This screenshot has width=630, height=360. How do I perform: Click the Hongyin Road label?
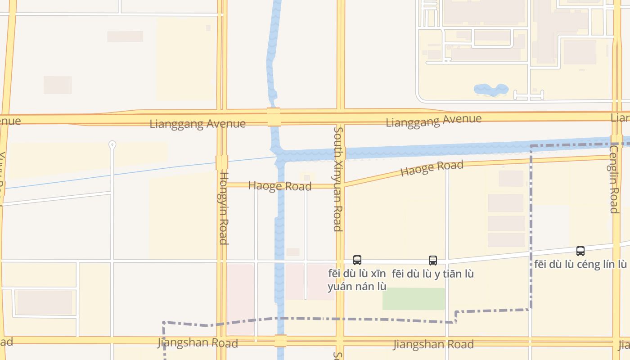click(223, 208)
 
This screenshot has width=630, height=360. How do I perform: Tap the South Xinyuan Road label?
click(338, 179)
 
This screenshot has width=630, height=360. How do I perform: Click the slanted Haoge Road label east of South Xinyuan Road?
click(432, 168)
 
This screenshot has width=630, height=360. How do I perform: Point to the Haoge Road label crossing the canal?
click(279, 186)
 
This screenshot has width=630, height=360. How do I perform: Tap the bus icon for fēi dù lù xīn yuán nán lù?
click(357, 260)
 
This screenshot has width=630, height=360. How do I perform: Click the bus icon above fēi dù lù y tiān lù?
click(433, 260)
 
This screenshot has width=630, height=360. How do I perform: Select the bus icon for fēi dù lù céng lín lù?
click(580, 251)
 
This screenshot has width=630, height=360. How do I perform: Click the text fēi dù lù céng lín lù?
click(580, 264)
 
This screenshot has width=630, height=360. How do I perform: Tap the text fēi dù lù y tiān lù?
click(432, 274)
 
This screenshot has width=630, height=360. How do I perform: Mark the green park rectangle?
click(414, 299)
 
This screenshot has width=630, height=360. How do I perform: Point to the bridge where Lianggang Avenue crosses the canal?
click(274, 117)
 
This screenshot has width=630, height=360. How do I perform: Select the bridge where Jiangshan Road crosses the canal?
click(280, 341)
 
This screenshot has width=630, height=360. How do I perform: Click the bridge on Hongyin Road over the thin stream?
click(222, 162)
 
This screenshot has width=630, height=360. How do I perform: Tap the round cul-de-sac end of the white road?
click(112, 144)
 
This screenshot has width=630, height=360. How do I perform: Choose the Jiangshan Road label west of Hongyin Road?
click(198, 342)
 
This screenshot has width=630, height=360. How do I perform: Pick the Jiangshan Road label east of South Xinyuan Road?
click(433, 344)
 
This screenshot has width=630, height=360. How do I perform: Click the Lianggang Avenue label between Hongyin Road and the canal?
click(198, 124)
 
